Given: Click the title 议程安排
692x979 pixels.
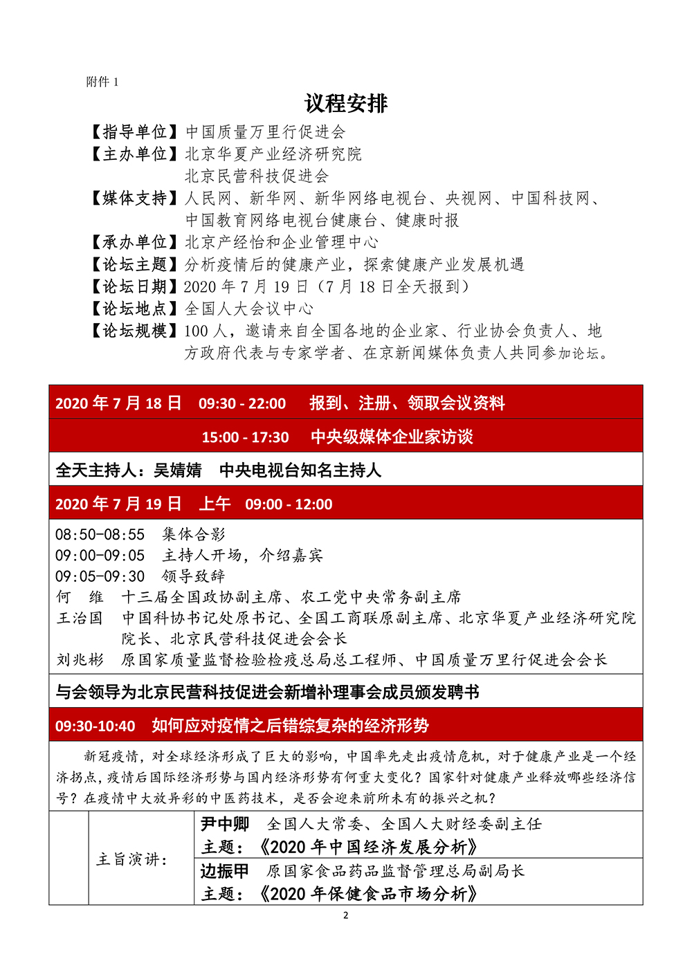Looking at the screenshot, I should tap(346, 104).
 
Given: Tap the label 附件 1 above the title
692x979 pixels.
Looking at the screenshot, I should tap(102, 82).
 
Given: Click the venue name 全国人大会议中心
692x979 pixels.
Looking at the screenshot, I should tap(249, 309).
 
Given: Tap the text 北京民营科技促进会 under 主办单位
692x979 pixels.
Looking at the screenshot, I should tap(257, 176).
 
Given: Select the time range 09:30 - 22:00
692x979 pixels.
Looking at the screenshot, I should tap(242, 403).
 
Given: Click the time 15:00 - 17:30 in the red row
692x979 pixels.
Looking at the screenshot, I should tap(245, 437).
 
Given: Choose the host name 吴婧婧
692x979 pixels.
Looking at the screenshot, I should tap(177, 470).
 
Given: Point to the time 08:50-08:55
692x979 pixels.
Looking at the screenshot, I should tap(100, 534).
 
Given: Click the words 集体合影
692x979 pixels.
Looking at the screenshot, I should tap(194, 534).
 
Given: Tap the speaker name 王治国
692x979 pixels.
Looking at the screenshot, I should tap(80, 618).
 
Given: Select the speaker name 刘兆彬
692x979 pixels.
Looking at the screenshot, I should tap(80, 660).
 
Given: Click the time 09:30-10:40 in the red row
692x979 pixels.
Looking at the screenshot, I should tap(95, 726).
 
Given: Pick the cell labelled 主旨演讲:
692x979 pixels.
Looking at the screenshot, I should tap(131, 859).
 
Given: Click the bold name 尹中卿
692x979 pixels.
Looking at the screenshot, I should tap(224, 824).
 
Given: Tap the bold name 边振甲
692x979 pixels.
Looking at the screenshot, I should tap(224, 871).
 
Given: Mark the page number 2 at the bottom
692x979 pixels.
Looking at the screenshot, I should tap(346, 915).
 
